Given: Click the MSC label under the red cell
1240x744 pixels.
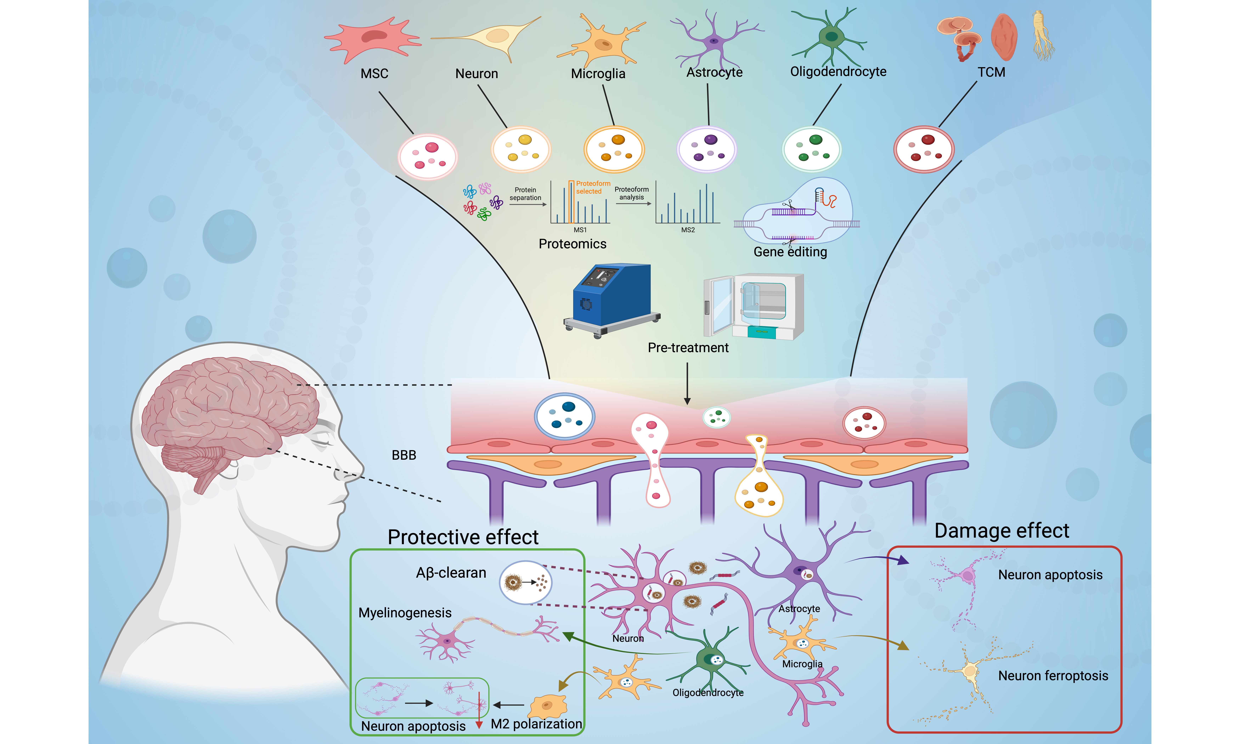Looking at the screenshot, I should click(374, 74).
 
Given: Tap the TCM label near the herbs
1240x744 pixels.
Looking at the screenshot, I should click(991, 72).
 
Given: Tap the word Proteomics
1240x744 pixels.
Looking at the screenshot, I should click(572, 244).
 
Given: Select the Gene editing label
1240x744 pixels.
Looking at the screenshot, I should click(790, 252).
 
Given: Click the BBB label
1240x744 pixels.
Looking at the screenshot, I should click(404, 455).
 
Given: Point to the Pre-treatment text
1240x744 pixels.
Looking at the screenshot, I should click(688, 347).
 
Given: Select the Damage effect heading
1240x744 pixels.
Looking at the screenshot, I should click(1001, 530).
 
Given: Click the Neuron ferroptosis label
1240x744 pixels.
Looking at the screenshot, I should click(1053, 676).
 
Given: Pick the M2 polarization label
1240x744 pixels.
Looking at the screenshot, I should click(536, 724).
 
